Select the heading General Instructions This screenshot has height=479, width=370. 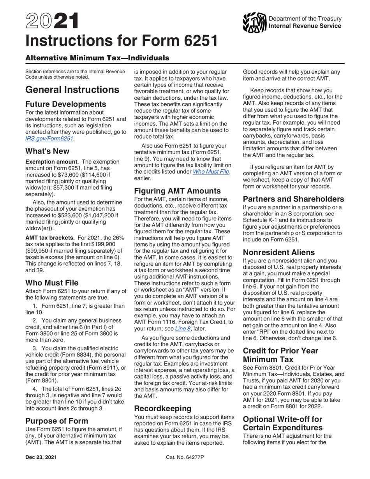point(72,90)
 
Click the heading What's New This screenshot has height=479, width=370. point(47,151)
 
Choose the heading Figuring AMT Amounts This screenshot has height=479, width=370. point(178,191)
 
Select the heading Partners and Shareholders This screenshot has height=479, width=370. point(293,199)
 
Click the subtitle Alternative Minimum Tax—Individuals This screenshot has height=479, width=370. point(97,58)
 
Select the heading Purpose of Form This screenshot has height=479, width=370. point(56,421)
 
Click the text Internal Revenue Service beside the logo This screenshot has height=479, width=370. point(305,26)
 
